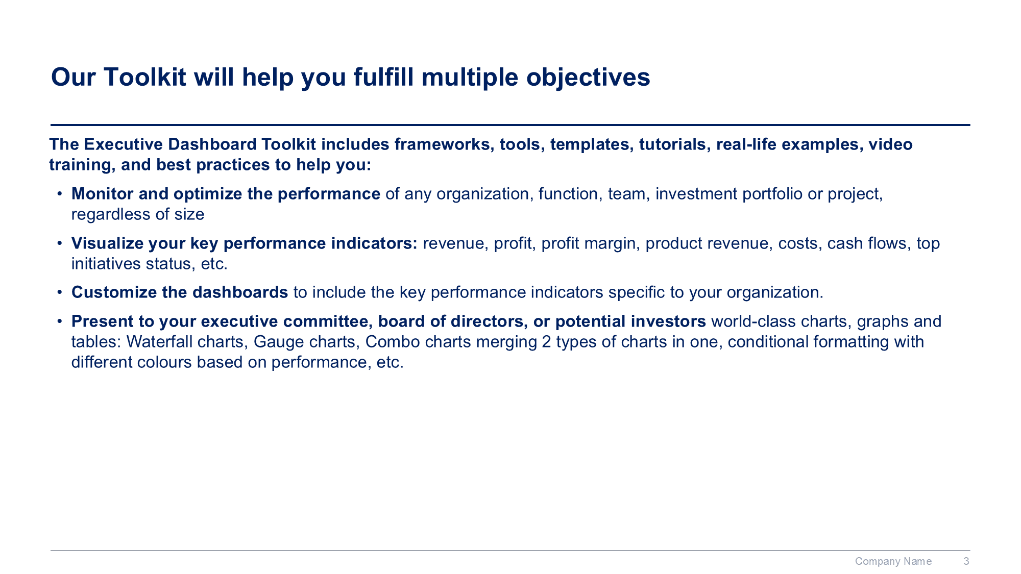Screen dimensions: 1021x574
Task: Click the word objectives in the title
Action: coord(588,78)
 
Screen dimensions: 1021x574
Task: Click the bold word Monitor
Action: coord(102,194)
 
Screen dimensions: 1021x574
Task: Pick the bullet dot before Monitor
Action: coord(60,194)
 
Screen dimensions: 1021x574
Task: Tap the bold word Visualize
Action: coord(107,243)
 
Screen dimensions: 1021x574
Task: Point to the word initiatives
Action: coord(106,264)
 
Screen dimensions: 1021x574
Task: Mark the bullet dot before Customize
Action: coord(60,292)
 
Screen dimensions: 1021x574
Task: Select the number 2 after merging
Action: coord(546,342)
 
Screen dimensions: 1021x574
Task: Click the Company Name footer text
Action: coord(893,561)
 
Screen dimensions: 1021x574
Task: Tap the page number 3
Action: coord(966,561)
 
